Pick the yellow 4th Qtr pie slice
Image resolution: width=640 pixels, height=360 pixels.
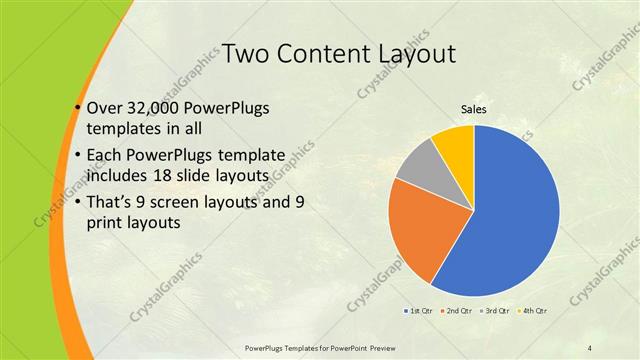tap(456, 142)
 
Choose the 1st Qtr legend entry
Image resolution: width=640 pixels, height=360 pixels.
tap(419, 312)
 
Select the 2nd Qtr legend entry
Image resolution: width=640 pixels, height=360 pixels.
tap(456, 312)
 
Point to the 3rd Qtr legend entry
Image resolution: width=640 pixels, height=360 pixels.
tap(494, 312)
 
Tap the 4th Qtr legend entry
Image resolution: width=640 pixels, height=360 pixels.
tap(531, 312)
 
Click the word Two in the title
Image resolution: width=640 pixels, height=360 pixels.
tap(246, 53)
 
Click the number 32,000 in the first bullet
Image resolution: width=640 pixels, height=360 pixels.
tap(157, 109)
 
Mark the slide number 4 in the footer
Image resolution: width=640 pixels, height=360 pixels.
tap(590, 347)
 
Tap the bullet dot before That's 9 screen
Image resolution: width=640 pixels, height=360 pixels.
tap(78, 204)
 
